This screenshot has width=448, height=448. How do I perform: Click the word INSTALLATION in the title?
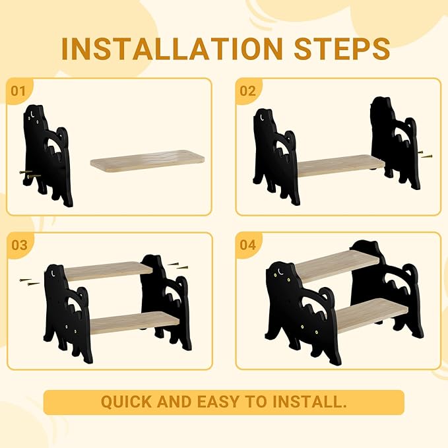pos(162,48)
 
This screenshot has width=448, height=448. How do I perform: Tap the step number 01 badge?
pos(19,90)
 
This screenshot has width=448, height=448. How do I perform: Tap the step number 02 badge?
pos(247,90)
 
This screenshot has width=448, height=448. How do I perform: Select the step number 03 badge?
pos(19,245)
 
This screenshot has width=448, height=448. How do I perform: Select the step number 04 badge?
pos(247,245)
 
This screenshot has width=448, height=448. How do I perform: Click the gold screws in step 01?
pos(28,176)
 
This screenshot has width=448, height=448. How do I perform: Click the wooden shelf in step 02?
pos(340,166)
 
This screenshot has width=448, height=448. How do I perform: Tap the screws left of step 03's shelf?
pos(30,282)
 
